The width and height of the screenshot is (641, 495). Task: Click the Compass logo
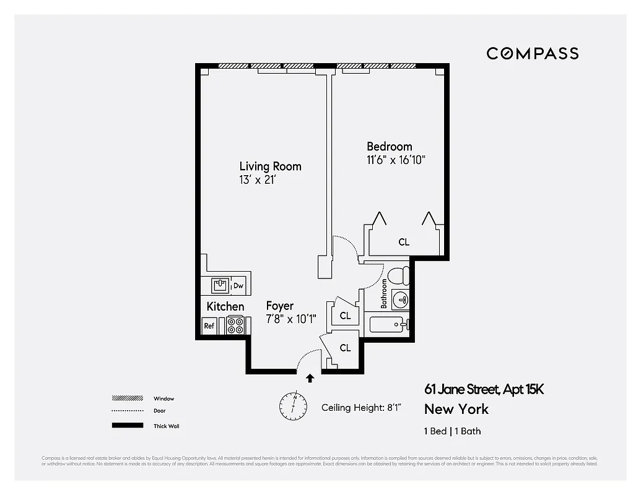pos(532,53)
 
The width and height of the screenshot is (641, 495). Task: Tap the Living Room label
pos(270,166)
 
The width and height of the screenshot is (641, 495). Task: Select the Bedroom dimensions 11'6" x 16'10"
pos(396,160)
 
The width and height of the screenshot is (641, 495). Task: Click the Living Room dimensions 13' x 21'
pos(257,179)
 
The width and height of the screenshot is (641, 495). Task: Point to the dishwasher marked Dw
pos(238,285)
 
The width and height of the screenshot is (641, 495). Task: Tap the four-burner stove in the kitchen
pos(235,325)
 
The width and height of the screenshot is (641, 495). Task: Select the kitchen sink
pos(219,285)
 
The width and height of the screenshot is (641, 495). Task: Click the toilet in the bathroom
pos(398,274)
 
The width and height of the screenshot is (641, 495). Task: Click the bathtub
pos(387,324)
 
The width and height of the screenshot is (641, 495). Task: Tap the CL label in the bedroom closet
pos(404,242)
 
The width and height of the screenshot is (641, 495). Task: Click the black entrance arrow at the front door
pos(310,377)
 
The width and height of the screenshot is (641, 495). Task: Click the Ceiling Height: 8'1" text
pos(361,408)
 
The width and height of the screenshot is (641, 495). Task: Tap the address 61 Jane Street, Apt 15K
pos(484,389)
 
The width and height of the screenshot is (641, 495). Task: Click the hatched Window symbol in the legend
pos(126,398)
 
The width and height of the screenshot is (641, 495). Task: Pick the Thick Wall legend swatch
pos(126,426)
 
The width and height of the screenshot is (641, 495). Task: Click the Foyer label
pos(280,306)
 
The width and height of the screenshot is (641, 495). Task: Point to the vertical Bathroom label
pos(384,293)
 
